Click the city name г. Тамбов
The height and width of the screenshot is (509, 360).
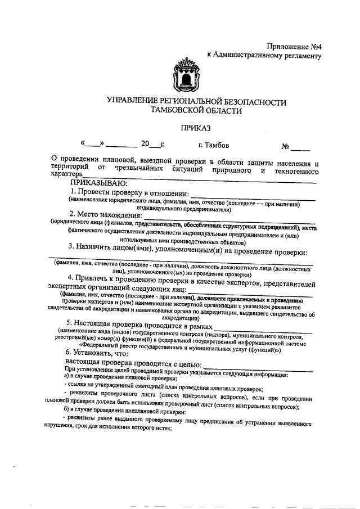(x=213, y=145)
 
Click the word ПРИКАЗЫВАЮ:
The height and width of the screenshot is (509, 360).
(x=98, y=183)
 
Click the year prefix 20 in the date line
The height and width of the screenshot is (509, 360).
(x=146, y=145)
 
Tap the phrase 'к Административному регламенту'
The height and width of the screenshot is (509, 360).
(x=264, y=55)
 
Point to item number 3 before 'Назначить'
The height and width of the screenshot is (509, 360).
(x=87, y=246)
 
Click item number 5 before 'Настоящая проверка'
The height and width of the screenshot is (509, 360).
(x=69, y=323)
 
